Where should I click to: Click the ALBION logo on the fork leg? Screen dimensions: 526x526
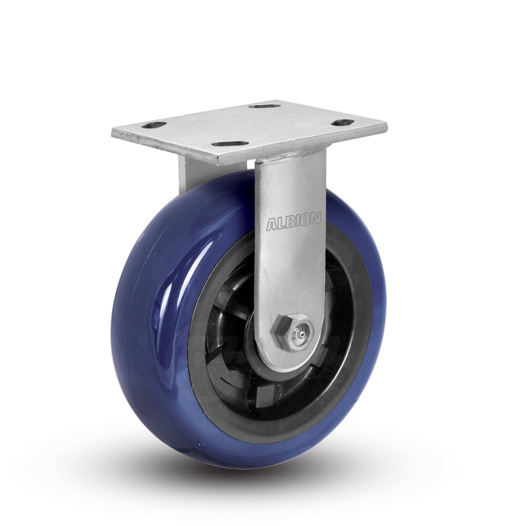coord(293,222)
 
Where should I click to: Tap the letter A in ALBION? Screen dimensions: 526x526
coord(271,224)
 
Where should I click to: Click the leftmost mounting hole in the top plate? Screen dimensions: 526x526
coord(153,125)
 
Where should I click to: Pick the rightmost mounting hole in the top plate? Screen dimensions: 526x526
coord(342,123)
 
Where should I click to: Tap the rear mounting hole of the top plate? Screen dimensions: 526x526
coord(264,106)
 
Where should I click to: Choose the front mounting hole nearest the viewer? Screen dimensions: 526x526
coord(227,143)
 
